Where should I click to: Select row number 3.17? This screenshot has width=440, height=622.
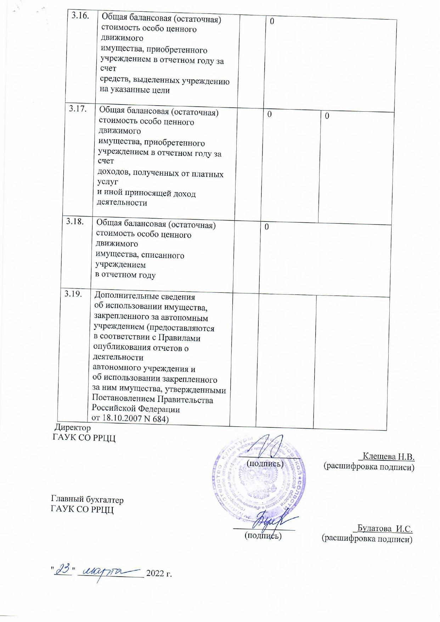pos(78,109)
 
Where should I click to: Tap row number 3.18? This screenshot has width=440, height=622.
pos(75,222)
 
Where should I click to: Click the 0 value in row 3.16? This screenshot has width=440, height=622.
pos(272,21)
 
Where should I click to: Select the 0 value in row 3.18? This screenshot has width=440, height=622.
pos(266,227)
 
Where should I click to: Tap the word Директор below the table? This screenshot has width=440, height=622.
pos(72,428)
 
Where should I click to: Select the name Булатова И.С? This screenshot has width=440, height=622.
pos(385,528)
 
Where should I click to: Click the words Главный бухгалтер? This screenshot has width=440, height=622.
pos(87,500)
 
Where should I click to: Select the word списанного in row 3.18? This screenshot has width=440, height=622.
pos(162,255)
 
